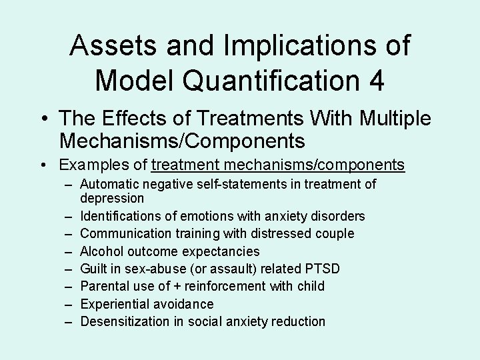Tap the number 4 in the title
pyautogui.click(x=375, y=81)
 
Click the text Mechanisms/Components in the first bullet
pyautogui.click(x=182, y=141)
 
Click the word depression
pyautogui.click(x=112, y=198)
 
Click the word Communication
pyautogui.click(x=123, y=233)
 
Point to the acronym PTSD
pyautogui.click(x=323, y=269)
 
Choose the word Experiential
pyautogui.click(x=114, y=304)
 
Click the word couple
pyautogui.click(x=335, y=233)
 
